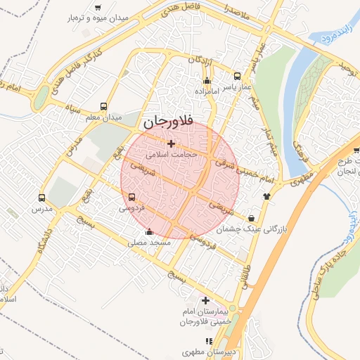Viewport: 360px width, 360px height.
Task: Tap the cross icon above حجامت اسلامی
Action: point(171,143)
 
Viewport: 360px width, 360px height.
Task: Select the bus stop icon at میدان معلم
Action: point(104,107)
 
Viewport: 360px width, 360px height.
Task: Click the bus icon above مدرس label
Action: point(41,199)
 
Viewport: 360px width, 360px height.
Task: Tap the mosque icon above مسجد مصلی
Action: point(148,232)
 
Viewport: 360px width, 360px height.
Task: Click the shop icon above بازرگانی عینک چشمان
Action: point(252,218)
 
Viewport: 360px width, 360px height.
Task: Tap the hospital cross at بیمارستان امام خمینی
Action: point(206,300)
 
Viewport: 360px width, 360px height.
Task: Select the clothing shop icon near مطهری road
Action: point(266,197)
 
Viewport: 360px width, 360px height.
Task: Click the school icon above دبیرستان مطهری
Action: point(209,340)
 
